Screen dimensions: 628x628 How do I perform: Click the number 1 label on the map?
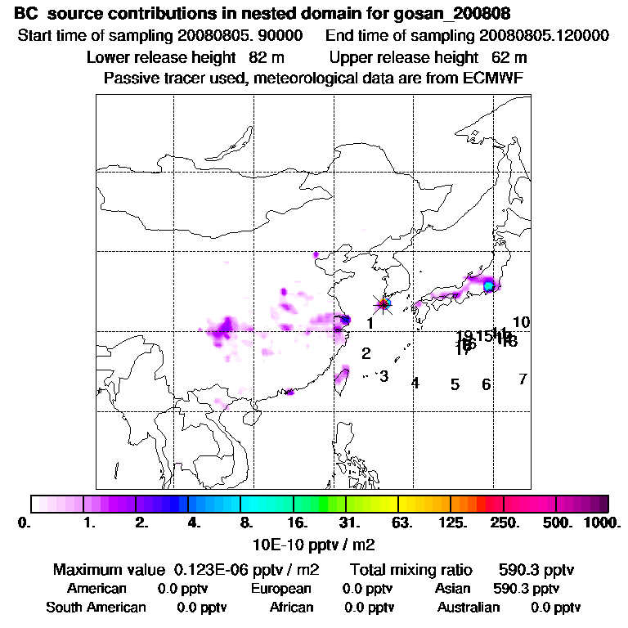click(x=370, y=323)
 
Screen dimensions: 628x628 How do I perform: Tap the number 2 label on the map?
click(x=366, y=353)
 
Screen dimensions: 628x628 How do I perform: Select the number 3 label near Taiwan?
click(x=384, y=376)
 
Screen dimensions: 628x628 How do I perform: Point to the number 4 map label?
click(x=415, y=383)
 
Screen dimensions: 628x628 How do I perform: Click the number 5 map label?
click(x=455, y=384)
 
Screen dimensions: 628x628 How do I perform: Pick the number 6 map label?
click(x=486, y=384)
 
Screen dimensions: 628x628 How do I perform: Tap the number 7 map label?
click(x=523, y=379)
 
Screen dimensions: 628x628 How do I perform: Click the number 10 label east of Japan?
click(x=522, y=322)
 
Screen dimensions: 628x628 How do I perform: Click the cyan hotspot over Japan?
click(x=488, y=285)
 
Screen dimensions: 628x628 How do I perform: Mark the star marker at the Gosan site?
click(x=382, y=304)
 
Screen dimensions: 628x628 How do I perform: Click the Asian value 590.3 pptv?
click(x=527, y=588)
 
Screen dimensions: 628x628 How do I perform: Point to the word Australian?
click(x=469, y=607)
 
